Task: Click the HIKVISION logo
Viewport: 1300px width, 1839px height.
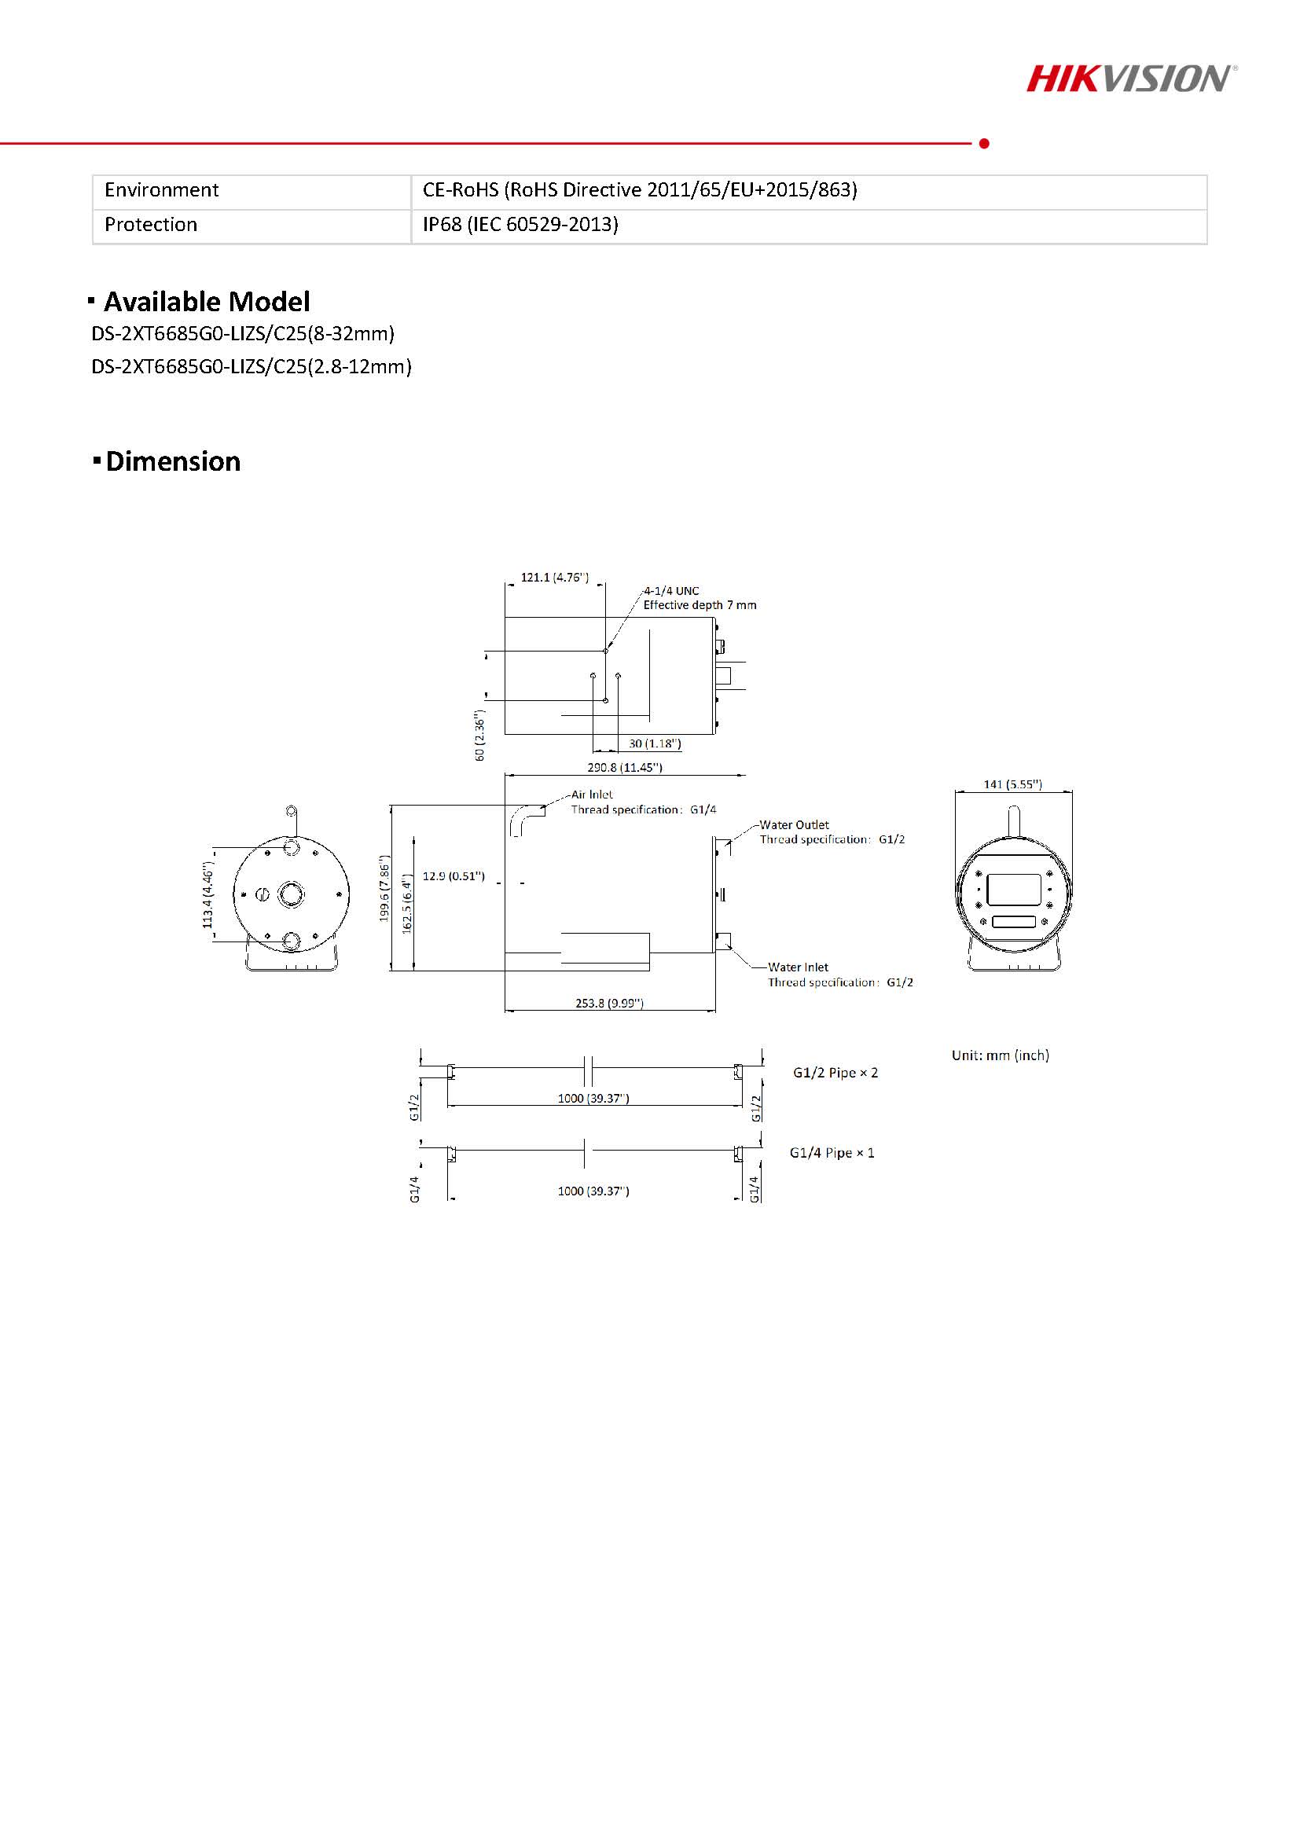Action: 1132,79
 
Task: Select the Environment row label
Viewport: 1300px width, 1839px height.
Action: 161,190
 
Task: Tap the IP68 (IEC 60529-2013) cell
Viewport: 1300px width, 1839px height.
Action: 520,224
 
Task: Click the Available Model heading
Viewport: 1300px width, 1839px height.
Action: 207,302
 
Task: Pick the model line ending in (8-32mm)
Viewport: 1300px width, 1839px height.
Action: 243,333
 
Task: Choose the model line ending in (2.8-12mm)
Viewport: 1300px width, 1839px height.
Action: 252,367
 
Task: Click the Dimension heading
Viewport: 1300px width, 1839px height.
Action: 173,461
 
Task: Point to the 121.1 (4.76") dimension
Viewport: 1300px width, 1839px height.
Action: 554,577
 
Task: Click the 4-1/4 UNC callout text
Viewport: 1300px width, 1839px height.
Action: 671,591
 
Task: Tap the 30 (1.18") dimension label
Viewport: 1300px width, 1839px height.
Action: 655,743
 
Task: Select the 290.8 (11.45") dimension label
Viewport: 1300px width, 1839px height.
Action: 625,767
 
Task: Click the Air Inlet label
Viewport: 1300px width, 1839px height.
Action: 592,795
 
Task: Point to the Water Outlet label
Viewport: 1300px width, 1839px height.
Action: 794,825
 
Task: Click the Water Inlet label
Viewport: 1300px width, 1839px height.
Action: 798,967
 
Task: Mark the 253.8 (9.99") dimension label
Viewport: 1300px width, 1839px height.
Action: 610,1003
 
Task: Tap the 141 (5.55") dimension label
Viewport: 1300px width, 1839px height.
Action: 1012,784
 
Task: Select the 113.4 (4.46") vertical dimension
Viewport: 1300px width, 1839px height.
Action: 208,895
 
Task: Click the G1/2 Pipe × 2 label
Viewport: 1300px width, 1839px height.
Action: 835,1073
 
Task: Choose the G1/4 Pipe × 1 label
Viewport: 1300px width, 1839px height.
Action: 832,1153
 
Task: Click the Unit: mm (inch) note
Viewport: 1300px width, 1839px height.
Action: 1001,1055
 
